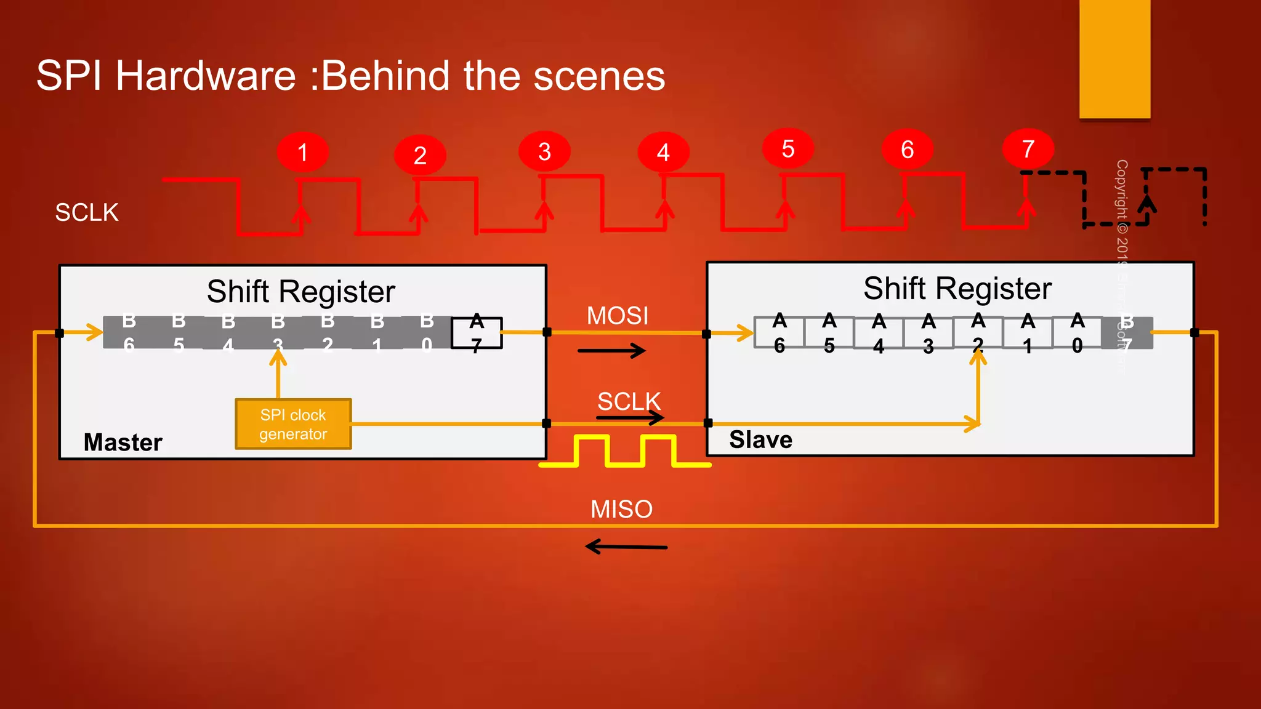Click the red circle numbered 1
coord(302,152)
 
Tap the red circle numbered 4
coord(663,152)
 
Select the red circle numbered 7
coord(1028,149)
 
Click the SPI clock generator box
coord(293,424)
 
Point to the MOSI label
coord(617,316)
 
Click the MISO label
coord(621,509)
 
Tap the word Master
coord(123,442)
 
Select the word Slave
coord(760,439)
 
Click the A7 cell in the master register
coord(477,333)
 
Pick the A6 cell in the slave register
coord(780,333)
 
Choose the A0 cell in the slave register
coord(1077,333)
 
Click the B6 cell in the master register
coord(129,333)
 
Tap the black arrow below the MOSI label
coord(611,351)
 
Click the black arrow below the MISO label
coord(626,547)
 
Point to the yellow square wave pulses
coord(625,451)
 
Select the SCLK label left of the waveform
coord(87,212)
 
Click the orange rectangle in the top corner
coord(1114,58)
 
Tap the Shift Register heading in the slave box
coord(957,289)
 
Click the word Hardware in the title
coord(206,76)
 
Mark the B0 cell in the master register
coord(427,333)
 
